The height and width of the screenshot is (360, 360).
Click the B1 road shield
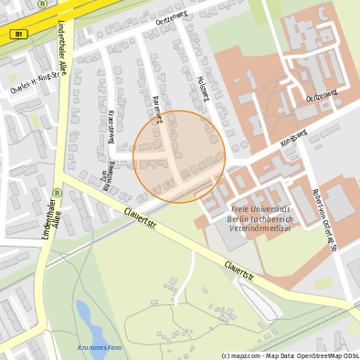pyautogui.click(x=20, y=34)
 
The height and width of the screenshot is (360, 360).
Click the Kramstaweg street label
pyautogui.click(x=111, y=127)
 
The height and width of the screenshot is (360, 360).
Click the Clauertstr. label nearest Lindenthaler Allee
pyautogui.click(x=141, y=218)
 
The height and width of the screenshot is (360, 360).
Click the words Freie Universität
pyautogui.click(x=259, y=211)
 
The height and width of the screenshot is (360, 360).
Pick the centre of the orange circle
pyautogui.click(x=179, y=156)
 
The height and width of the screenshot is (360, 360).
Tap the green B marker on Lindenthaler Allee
pyautogui.click(x=57, y=193)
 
